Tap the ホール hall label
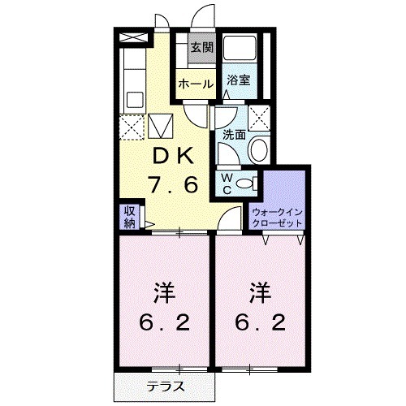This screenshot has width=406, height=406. (195, 84)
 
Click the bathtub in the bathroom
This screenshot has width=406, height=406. (239, 50)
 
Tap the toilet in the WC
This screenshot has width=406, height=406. (247, 183)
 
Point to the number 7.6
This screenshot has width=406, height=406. (173, 185)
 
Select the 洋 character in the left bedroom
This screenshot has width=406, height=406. (165, 291)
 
